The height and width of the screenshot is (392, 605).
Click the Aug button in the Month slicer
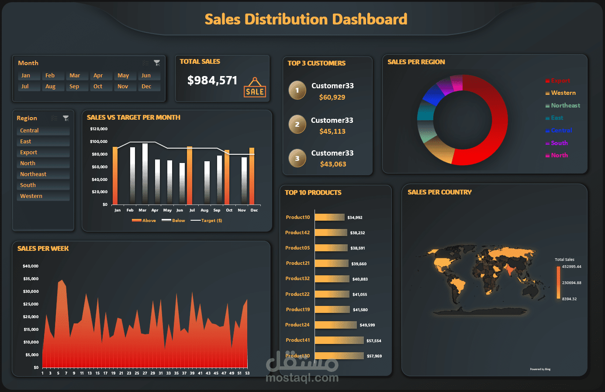pos(51,87)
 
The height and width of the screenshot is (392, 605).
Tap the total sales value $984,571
pos(212,80)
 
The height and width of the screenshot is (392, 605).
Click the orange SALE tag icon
pos(255,88)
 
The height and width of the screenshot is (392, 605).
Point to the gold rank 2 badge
pos(297,125)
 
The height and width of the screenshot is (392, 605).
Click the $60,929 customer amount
pos(332,97)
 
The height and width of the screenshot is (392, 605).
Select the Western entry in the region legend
pos(563,93)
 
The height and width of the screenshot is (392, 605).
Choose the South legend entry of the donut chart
pos(559,143)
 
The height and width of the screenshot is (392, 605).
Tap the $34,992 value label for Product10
pos(355,218)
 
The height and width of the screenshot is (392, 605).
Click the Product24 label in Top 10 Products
pos(297,325)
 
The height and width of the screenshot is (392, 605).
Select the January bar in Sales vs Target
pos(115,176)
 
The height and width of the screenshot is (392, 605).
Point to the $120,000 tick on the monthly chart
pos(99,129)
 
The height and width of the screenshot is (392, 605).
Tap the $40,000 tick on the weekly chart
pos(31,266)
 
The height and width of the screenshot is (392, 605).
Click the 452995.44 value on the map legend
pos(571,267)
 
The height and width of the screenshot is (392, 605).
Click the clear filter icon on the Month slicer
pos(157,63)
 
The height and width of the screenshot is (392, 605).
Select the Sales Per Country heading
pos(439,192)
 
